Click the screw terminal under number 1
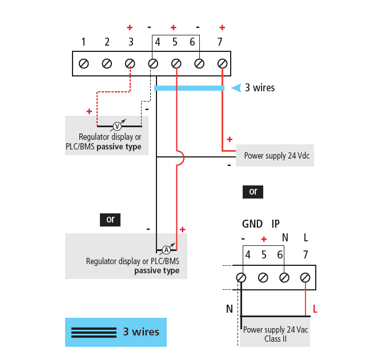pyautogui.click(x=83, y=63)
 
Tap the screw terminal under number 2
pyautogui.click(x=107, y=63)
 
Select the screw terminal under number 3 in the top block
pyautogui.click(x=130, y=63)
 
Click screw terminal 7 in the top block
pyautogui.click(x=223, y=63)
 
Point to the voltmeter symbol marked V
pyautogui.click(x=118, y=126)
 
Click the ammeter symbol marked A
pyautogui.click(x=166, y=250)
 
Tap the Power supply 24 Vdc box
pyautogui.click(x=275, y=155)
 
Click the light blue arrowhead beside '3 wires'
pyautogui.click(x=235, y=88)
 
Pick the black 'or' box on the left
pyautogui.click(x=111, y=219)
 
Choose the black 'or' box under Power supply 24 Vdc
pyautogui.click(x=253, y=192)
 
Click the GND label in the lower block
pyautogui.click(x=252, y=224)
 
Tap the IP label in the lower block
pyautogui.click(x=275, y=224)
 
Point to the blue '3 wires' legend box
pyautogui.click(x=115, y=332)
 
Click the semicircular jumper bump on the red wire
pyautogui.click(x=180, y=158)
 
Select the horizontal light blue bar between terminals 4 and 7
pyautogui.click(x=189, y=88)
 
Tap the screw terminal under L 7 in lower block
pyautogui.click(x=305, y=278)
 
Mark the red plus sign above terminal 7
pyautogui.click(x=222, y=27)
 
